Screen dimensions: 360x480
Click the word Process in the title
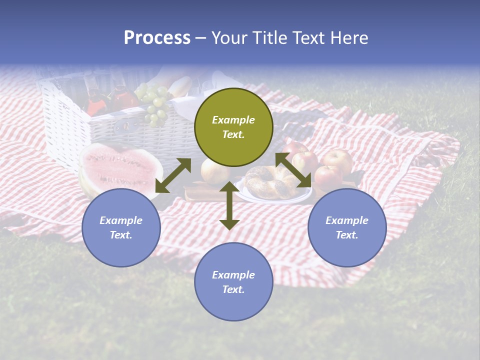(157, 38)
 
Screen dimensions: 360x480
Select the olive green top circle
(233, 127)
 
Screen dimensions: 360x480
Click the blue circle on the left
(121, 227)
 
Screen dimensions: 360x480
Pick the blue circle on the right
(347, 227)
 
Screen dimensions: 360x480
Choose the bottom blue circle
(233, 282)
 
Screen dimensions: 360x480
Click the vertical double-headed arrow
(229, 205)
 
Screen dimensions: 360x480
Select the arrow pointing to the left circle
(173, 175)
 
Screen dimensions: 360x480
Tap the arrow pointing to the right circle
(293, 170)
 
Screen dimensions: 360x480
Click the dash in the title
(200, 38)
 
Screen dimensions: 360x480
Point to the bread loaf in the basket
(180, 87)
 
